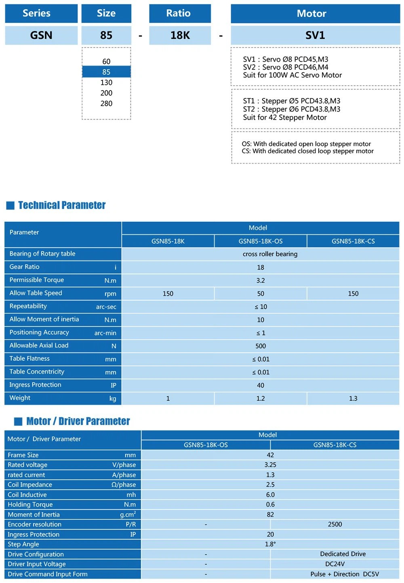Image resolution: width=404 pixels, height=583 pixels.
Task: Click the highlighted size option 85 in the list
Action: (x=106, y=72)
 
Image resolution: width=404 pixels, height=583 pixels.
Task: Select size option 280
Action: (x=106, y=103)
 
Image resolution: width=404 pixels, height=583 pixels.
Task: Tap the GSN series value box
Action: (x=41, y=35)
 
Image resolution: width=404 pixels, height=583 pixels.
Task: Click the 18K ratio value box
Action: (x=180, y=35)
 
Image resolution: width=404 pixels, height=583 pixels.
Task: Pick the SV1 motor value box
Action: (x=315, y=35)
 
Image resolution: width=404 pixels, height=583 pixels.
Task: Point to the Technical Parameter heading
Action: (x=61, y=205)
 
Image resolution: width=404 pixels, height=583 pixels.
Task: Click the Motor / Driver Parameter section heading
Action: (x=78, y=421)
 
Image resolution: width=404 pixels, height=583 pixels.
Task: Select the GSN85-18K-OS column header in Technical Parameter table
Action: (x=261, y=241)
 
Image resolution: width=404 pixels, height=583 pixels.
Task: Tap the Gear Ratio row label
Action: (x=25, y=267)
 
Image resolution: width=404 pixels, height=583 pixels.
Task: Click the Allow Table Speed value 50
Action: (x=261, y=294)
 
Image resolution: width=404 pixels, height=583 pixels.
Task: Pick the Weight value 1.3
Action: (x=353, y=398)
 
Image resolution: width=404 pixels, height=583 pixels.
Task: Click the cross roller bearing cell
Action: (x=270, y=254)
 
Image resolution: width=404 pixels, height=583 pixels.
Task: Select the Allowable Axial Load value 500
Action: (x=261, y=346)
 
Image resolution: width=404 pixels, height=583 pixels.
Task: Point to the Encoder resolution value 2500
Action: (x=335, y=524)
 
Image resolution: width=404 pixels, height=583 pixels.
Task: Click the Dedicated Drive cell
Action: (x=343, y=554)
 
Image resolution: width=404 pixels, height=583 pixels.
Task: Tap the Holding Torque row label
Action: (x=30, y=505)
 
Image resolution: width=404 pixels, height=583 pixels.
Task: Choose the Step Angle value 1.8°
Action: (x=270, y=544)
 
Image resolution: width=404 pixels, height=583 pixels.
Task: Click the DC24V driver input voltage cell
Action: (x=335, y=564)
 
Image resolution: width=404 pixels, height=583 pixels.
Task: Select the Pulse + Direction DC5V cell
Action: (x=344, y=574)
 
